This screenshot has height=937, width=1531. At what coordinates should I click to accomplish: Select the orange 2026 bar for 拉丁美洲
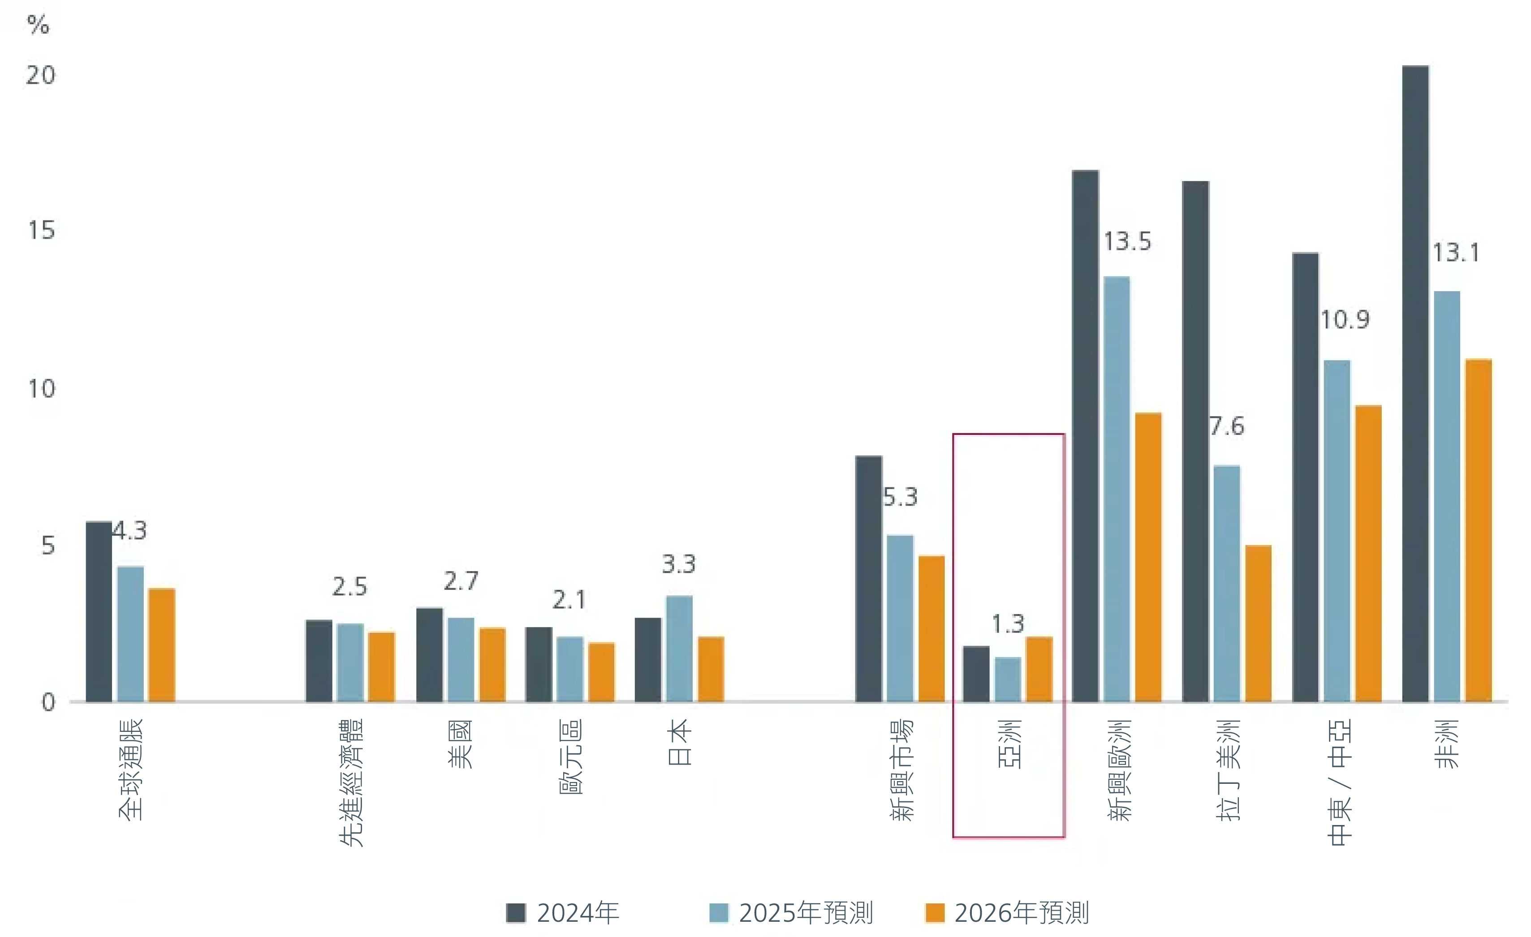tap(1258, 623)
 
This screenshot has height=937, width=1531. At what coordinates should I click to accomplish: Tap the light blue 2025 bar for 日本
tap(679, 649)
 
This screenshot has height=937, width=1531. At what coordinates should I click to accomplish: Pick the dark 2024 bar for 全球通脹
tap(99, 612)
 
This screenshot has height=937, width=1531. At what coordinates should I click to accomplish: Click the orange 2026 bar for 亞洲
tap(1039, 669)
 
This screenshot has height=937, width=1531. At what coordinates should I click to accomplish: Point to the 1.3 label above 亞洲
tap(1007, 623)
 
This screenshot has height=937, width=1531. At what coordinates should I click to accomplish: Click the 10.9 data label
tap(1345, 320)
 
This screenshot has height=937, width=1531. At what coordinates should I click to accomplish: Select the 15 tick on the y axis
tap(41, 231)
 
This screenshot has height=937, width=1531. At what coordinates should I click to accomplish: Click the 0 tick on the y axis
tap(48, 702)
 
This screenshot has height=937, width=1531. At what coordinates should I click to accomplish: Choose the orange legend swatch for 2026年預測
tap(935, 913)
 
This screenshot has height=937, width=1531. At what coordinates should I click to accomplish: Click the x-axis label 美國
tap(461, 744)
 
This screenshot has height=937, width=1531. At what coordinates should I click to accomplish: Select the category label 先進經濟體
tap(351, 782)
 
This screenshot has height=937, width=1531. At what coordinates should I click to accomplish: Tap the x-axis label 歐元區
tap(570, 756)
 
